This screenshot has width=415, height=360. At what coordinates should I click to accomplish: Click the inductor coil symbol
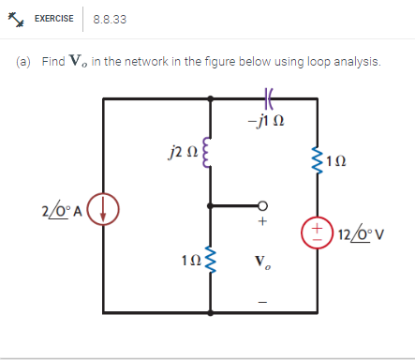211,150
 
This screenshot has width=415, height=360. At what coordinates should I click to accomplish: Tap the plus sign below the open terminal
264,223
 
